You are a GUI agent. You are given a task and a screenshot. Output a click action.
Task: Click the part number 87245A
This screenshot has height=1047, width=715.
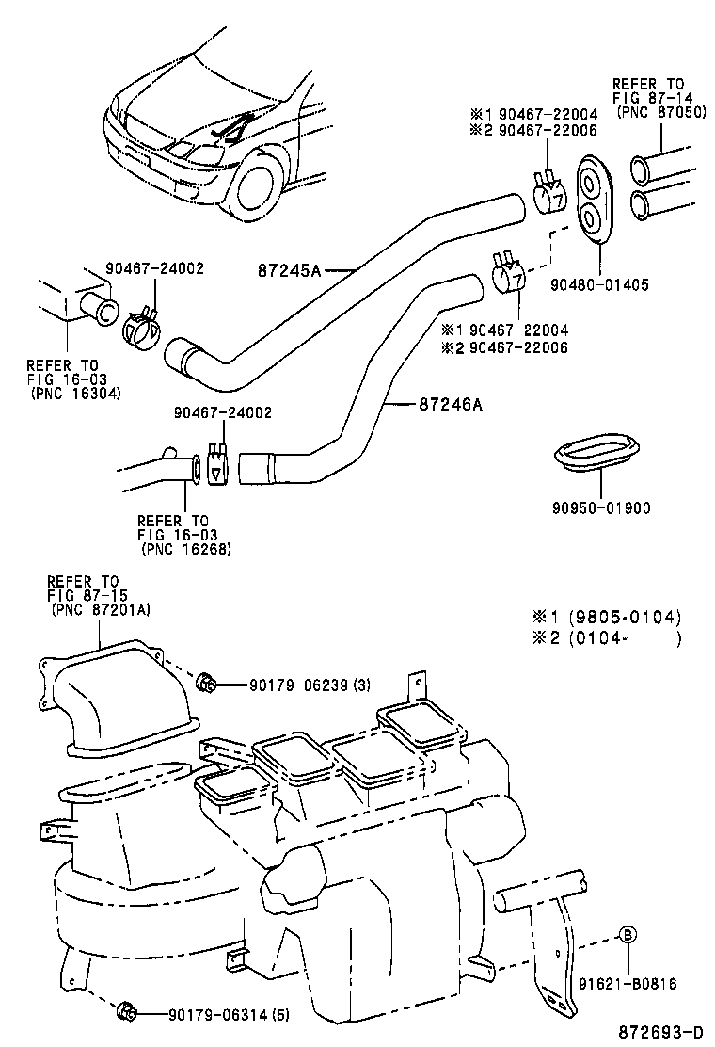pos(290,270)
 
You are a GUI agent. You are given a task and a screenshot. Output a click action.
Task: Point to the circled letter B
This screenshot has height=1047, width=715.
pos(628,935)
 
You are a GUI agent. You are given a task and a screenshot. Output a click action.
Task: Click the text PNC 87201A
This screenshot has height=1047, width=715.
pos(101,610)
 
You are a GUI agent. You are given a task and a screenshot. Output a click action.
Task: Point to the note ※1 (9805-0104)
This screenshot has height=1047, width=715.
pos(607,618)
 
